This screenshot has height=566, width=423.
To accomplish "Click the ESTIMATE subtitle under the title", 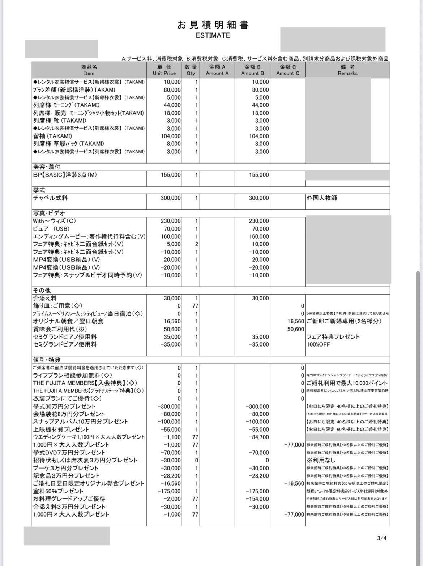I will coord(213,35).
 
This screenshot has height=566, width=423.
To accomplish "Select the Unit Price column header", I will coord(164,70).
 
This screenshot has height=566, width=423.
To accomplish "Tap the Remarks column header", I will coord(347,70).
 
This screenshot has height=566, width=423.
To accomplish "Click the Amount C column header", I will coord(288,70).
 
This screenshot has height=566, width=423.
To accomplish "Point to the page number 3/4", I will coord(382,538).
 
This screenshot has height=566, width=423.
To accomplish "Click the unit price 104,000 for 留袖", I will coord(171,136).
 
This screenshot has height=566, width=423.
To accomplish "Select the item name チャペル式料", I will coord(50,198).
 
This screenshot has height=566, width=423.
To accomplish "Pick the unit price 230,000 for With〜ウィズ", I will coord(171,221).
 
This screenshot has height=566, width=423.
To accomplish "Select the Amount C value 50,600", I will coord(295,329).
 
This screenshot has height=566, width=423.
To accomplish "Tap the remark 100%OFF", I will coord(318,344).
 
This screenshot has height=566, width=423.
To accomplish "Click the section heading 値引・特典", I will coord(47,360).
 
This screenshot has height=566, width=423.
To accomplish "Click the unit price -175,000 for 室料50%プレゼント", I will coord(169,491).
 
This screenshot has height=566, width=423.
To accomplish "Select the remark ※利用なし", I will coord(321,460).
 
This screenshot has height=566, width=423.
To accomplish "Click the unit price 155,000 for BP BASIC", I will coord(171,175).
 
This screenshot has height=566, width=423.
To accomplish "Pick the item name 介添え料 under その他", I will coord(45,298).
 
